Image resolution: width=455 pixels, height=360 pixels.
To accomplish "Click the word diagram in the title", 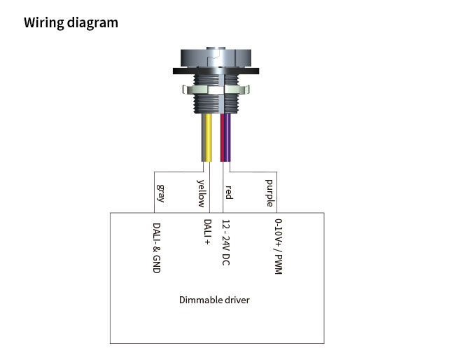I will pos(93,22).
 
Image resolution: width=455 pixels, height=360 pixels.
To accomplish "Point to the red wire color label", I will pos(227,191).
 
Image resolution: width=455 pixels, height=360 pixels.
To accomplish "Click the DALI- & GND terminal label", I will pos(157,247).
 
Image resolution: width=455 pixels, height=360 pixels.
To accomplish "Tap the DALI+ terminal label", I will pos(208,233).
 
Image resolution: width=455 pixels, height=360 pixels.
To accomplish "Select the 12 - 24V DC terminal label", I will pos(225,243).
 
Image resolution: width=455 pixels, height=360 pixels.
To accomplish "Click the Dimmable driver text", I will pos(214,300).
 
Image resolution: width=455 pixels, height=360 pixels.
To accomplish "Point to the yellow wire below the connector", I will pos(209,140).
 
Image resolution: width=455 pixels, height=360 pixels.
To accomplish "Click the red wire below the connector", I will pos(223,140).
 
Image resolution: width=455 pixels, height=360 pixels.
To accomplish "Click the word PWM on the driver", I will pos(278,265).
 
